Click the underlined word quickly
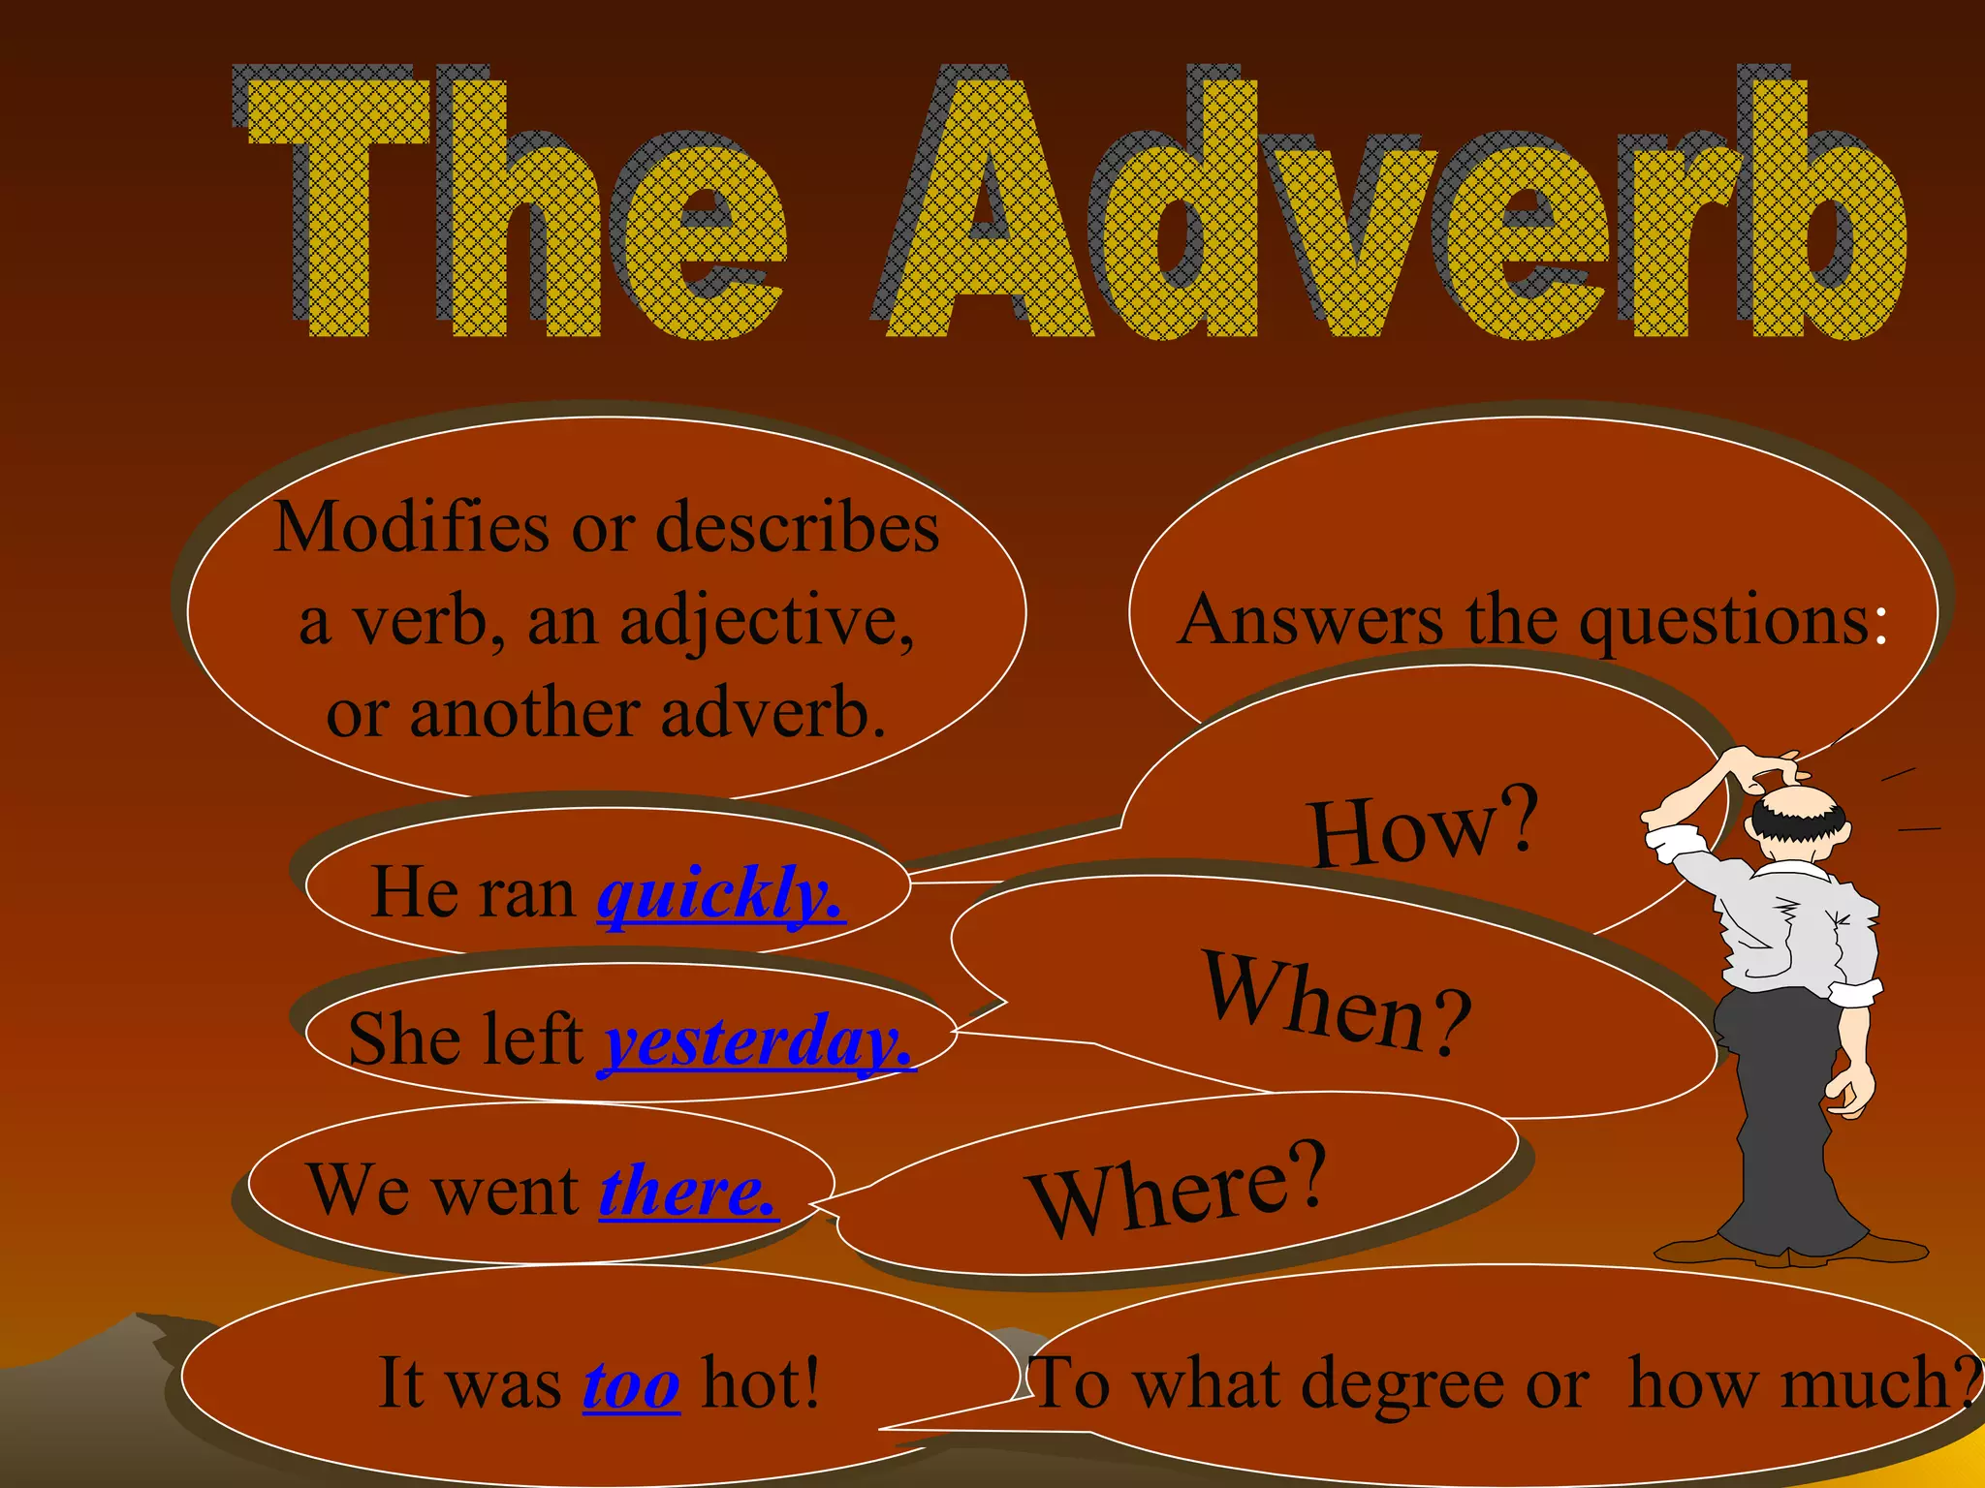pyautogui.click(x=720, y=893)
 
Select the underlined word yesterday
pyautogui.click(x=759, y=1041)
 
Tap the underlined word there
pyautogui.click(x=688, y=1191)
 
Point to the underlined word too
pyautogui.click(x=631, y=1384)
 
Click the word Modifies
pyautogui.click(x=412, y=528)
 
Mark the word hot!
pyautogui.click(x=761, y=1383)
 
